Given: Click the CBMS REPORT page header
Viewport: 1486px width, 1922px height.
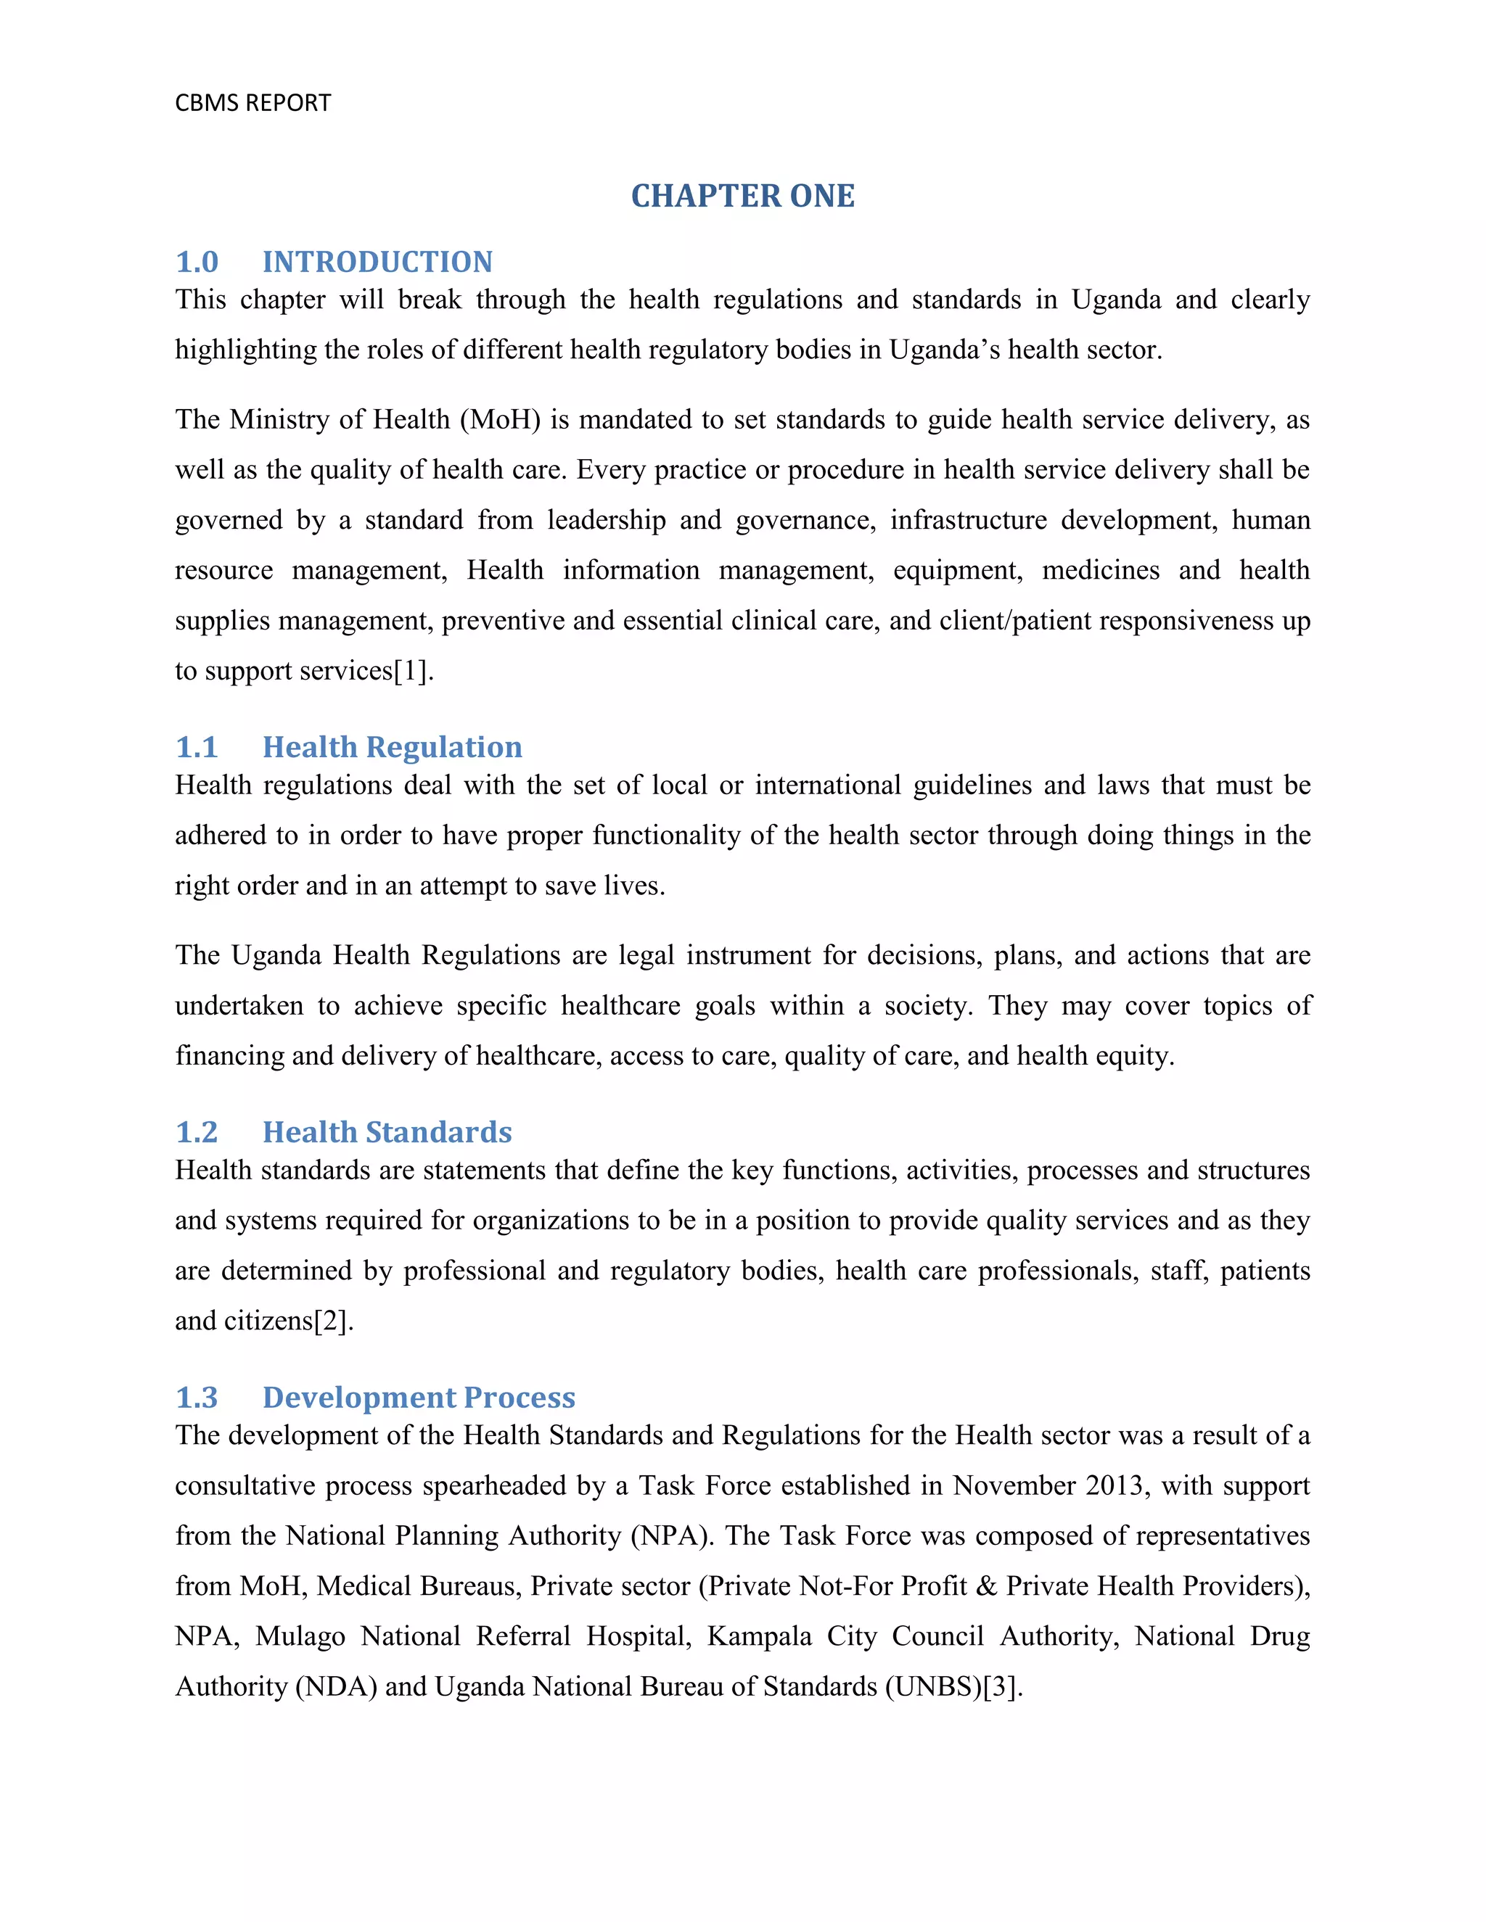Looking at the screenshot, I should click(x=253, y=103).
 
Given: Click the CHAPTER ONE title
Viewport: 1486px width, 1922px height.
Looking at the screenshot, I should click(x=742, y=195).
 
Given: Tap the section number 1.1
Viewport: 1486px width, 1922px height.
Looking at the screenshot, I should click(x=197, y=746).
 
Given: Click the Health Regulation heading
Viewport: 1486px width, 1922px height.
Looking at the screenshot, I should click(x=392, y=746).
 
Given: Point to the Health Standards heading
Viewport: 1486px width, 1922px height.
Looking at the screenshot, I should click(x=387, y=1131).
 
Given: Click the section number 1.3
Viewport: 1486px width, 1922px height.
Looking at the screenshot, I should click(x=197, y=1398).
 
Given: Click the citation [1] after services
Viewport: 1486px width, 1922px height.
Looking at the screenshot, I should click(x=410, y=671).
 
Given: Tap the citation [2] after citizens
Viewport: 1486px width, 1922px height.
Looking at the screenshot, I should click(x=332, y=1321).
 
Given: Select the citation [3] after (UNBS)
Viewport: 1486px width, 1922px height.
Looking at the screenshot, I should click(x=999, y=1686).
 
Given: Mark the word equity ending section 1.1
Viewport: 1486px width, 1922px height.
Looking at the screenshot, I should click(x=1135, y=1055).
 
